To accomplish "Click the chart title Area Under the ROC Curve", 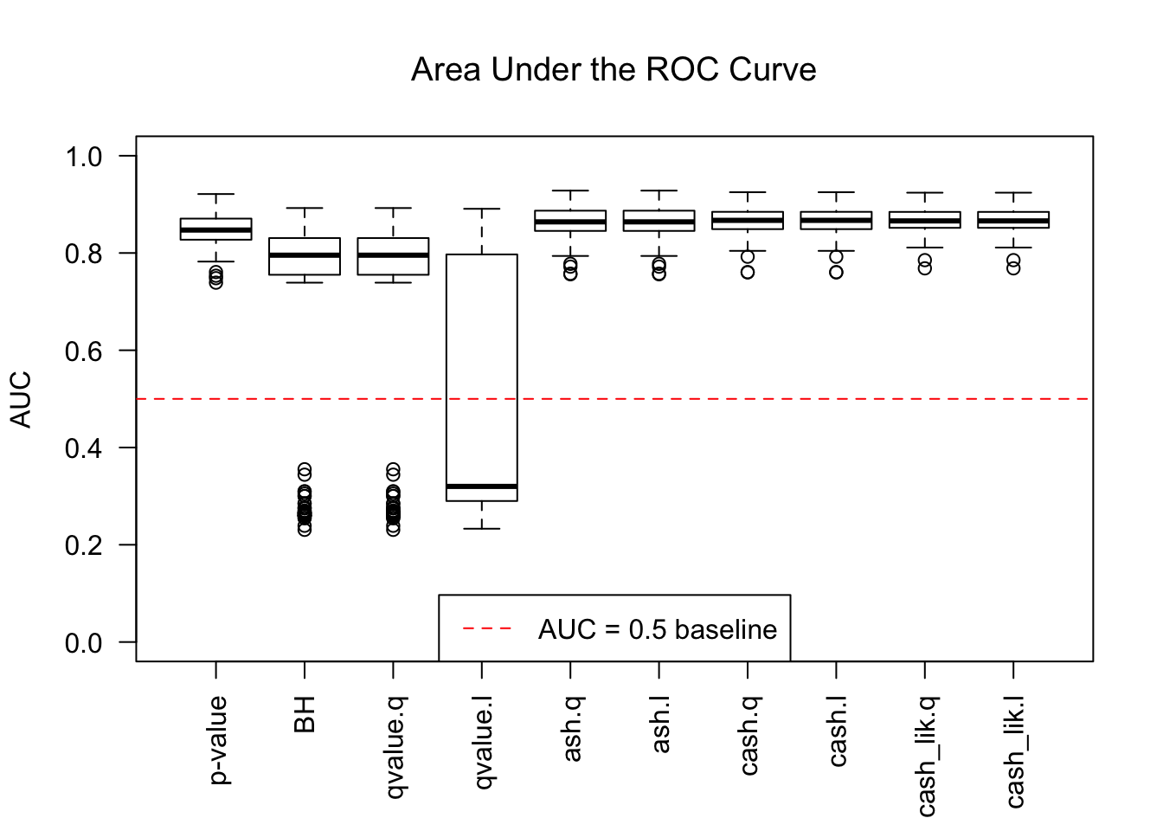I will [614, 70].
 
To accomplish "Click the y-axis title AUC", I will [21, 399].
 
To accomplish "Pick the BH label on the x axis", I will [305, 713].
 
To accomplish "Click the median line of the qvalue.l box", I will [482, 486].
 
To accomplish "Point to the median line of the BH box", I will [305, 255].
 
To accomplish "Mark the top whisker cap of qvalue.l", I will [482, 209].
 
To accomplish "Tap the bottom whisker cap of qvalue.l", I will [482, 528].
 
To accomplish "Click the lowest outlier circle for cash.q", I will [748, 273].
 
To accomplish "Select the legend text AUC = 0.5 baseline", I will [658, 629].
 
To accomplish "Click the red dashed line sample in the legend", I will [487, 629].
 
